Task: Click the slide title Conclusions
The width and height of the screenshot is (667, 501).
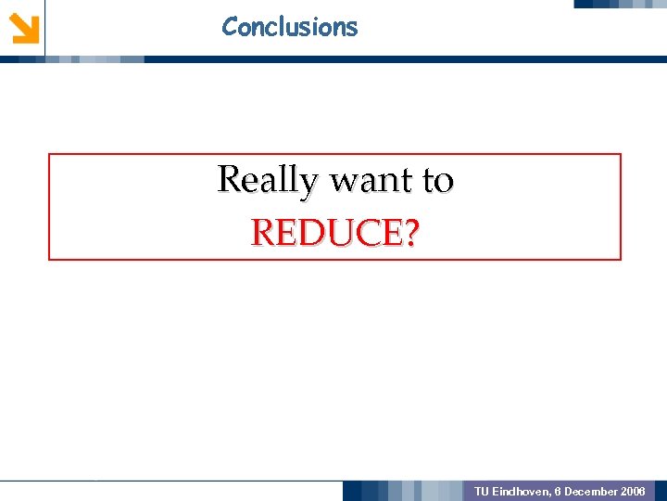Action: pos(289,27)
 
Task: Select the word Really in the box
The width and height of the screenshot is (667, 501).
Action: pos(267,180)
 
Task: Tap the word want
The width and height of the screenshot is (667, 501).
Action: pos(369,180)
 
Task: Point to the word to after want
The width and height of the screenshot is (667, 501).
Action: pos(437,180)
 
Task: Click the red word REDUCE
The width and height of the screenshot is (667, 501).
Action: pos(326,234)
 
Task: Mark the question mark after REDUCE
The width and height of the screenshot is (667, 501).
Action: pos(409,234)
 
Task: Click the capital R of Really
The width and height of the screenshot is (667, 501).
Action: pos(229,178)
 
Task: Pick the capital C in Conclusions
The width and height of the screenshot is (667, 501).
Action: pos(230,27)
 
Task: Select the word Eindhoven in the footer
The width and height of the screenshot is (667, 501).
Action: pos(518,491)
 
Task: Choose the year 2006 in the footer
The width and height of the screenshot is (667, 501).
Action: pos(634,491)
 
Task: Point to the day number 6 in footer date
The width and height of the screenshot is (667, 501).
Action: pos(557,491)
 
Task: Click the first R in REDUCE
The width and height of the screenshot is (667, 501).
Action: pos(263,234)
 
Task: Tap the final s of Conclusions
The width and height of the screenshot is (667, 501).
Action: pos(352,28)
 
